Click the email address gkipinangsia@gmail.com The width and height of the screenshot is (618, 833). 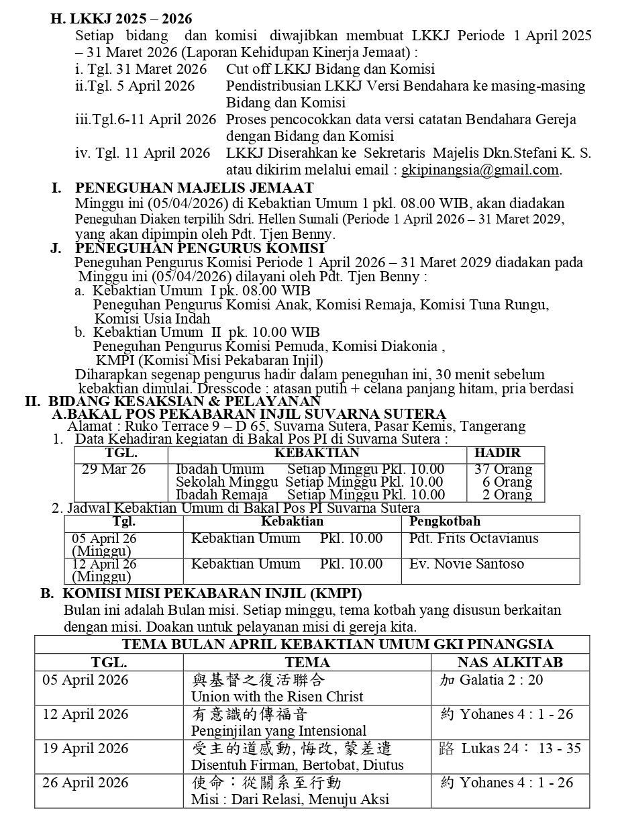pyautogui.click(x=480, y=170)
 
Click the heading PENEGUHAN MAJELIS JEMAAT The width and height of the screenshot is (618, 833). pyautogui.click(x=193, y=189)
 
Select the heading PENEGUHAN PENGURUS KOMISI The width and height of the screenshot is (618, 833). pyautogui.click(x=199, y=248)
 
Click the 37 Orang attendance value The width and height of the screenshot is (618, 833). pyautogui.click(x=503, y=470)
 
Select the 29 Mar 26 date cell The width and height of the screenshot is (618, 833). pyautogui.click(x=113, y=470)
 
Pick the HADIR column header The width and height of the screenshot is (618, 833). pyautogui.click(x=497, y=453)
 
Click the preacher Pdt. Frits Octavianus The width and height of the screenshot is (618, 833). pyautogui.click(x=474, y=539)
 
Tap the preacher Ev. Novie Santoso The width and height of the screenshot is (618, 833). pyautogui.click(x=466, y=564)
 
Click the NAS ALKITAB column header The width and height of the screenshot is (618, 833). pyautogui.click(x=510, y=663)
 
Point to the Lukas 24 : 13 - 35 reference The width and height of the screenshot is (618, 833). pyautogui.click(x=521, y=748)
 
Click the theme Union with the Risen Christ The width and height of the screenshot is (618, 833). pyautogui.click(x=277, y=697)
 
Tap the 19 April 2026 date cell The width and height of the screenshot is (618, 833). pyautogui.click(x=85, y=748)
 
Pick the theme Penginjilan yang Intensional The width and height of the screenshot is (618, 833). pyautogui.click(x=278, y=731)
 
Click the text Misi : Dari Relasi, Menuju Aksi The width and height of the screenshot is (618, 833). pyautogui.click(x=290, y=799)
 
